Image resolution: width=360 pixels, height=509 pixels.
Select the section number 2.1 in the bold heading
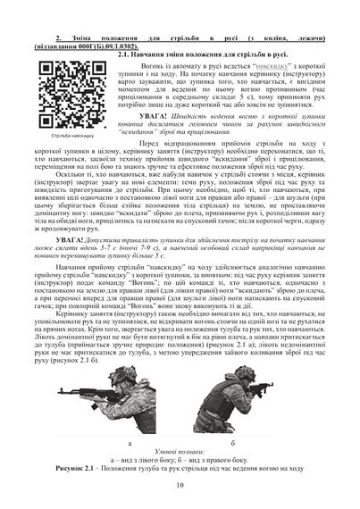point(124,54)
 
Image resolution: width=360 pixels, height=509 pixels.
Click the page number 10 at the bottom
point(180,485)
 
